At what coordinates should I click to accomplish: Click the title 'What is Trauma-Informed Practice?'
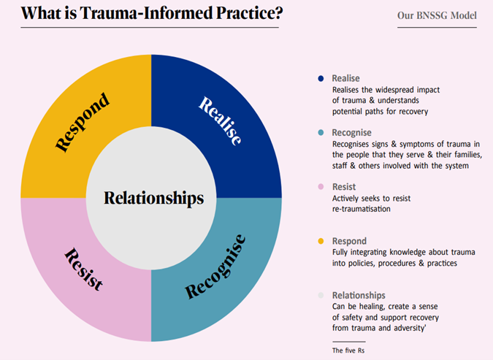click(149, 14)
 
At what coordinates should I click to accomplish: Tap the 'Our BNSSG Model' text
click(437, 15)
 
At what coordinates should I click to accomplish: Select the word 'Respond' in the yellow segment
click(83, 121)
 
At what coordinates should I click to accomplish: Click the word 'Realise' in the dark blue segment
click(220, 120)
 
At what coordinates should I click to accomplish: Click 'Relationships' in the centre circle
click(153, 198)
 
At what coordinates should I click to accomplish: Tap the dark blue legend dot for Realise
click(321, 78)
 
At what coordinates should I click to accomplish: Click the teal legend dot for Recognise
click(321, 134)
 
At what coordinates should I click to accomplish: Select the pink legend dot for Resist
click(321, 188)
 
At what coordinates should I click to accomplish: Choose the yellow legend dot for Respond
click(321, 241)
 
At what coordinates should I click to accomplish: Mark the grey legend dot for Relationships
click(321, 296)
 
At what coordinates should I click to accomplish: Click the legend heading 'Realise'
click(345, 78)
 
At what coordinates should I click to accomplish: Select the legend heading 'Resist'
click(343, 188)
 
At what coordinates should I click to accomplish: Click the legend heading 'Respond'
click(349, 241)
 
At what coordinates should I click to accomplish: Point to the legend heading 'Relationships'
click(358, 296)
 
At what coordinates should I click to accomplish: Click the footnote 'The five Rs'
click(348, 351)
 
